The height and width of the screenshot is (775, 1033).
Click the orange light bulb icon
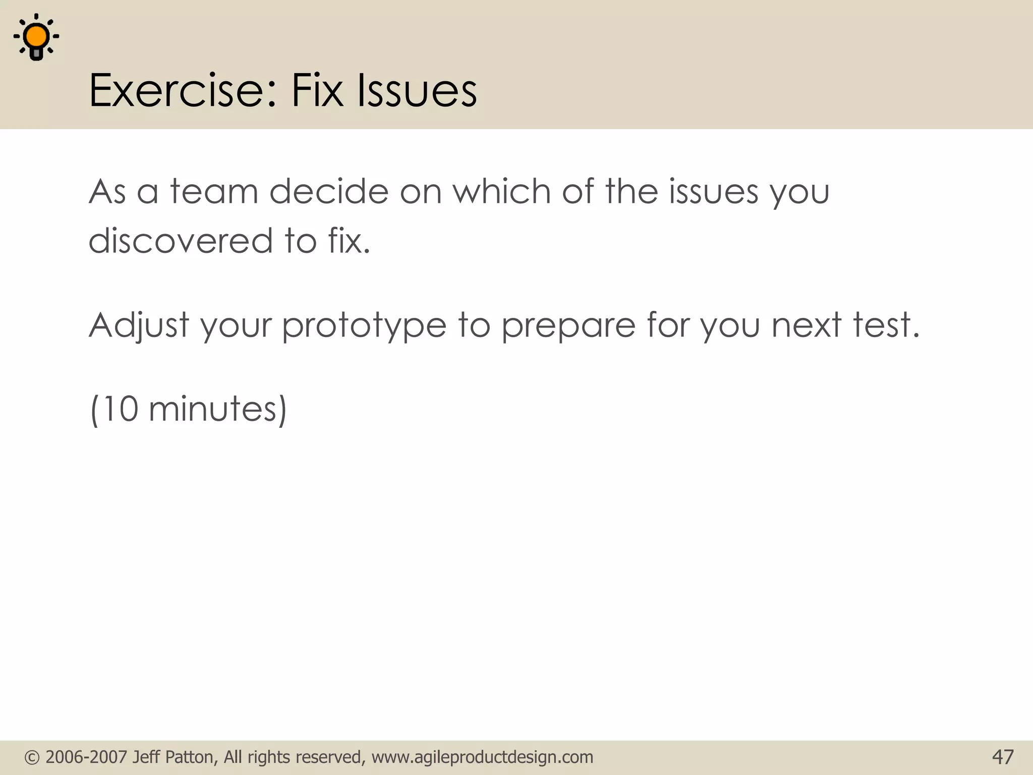click(36, 38)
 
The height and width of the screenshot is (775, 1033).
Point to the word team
click(214, 192)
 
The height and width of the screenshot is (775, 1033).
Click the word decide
click(329, 192)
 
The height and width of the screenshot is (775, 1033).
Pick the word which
click(501, 192)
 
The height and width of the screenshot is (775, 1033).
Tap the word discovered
click(181, 241)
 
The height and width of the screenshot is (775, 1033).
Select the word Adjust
click(139, 325)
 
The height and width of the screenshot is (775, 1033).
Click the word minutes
click(213, 409)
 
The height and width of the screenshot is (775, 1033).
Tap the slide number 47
click(1002, 757)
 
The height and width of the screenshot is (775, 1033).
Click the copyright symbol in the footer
click(32, 757)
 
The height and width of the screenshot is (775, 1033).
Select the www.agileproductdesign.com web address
click(482, 757)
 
